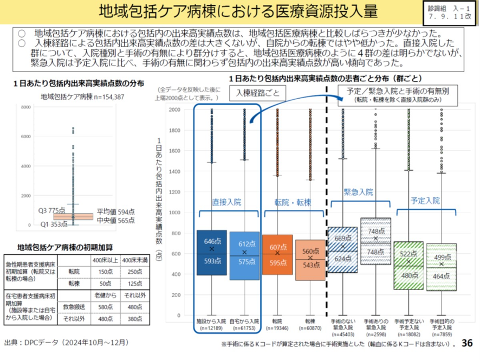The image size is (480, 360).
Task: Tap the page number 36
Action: coord(467,344)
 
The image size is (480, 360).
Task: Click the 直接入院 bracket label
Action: coord(226,202)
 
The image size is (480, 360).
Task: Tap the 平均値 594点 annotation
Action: coord(115,211)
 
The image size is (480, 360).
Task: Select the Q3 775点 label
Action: coord(51,210)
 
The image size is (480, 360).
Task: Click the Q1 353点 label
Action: coord(53,224)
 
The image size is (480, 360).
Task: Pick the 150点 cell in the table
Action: coord(106,271)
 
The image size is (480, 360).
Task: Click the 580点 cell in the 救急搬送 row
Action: coord(106,307)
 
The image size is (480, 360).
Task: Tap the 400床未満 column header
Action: coord(134,261)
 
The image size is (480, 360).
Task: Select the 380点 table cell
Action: coord(134,319)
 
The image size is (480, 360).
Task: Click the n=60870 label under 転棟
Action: coord(310,329)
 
